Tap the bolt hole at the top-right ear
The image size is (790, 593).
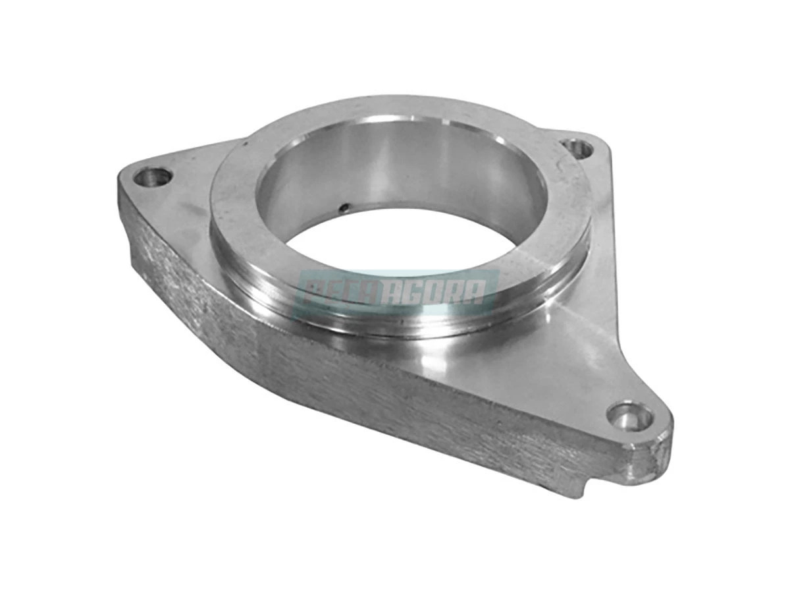point(579,149)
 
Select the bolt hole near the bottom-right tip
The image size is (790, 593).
point(629,416)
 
